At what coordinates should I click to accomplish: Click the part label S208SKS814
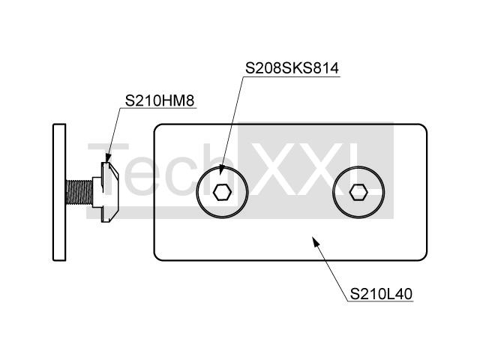tap(292, 68)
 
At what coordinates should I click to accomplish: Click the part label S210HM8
tap(160, 100)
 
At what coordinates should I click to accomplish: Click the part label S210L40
tap(381, 294)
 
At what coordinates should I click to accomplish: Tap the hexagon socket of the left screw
tap(222, 192)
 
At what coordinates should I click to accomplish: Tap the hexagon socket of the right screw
tap(358, 192)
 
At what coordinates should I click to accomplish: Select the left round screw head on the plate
tap(222, 192)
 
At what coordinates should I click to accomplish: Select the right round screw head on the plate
tap(358, 192)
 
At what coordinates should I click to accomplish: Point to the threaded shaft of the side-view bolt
tap(79, 192)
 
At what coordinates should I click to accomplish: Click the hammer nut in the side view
tap(106, 192)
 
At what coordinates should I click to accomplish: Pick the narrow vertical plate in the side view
tap(59, 192)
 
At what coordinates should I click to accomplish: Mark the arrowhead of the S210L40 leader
tap(316, 241)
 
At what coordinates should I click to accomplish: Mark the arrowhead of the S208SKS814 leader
tap(222, 170)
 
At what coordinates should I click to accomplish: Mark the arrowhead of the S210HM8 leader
tap(107, 157)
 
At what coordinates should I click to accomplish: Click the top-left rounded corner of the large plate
tap(157, 127)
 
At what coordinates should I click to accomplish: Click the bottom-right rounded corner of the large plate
tap(424, 258)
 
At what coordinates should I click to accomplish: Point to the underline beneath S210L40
tap(380, 301)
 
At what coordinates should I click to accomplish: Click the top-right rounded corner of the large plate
tap(424, 127)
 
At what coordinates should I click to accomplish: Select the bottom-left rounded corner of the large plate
tap(157, 258)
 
